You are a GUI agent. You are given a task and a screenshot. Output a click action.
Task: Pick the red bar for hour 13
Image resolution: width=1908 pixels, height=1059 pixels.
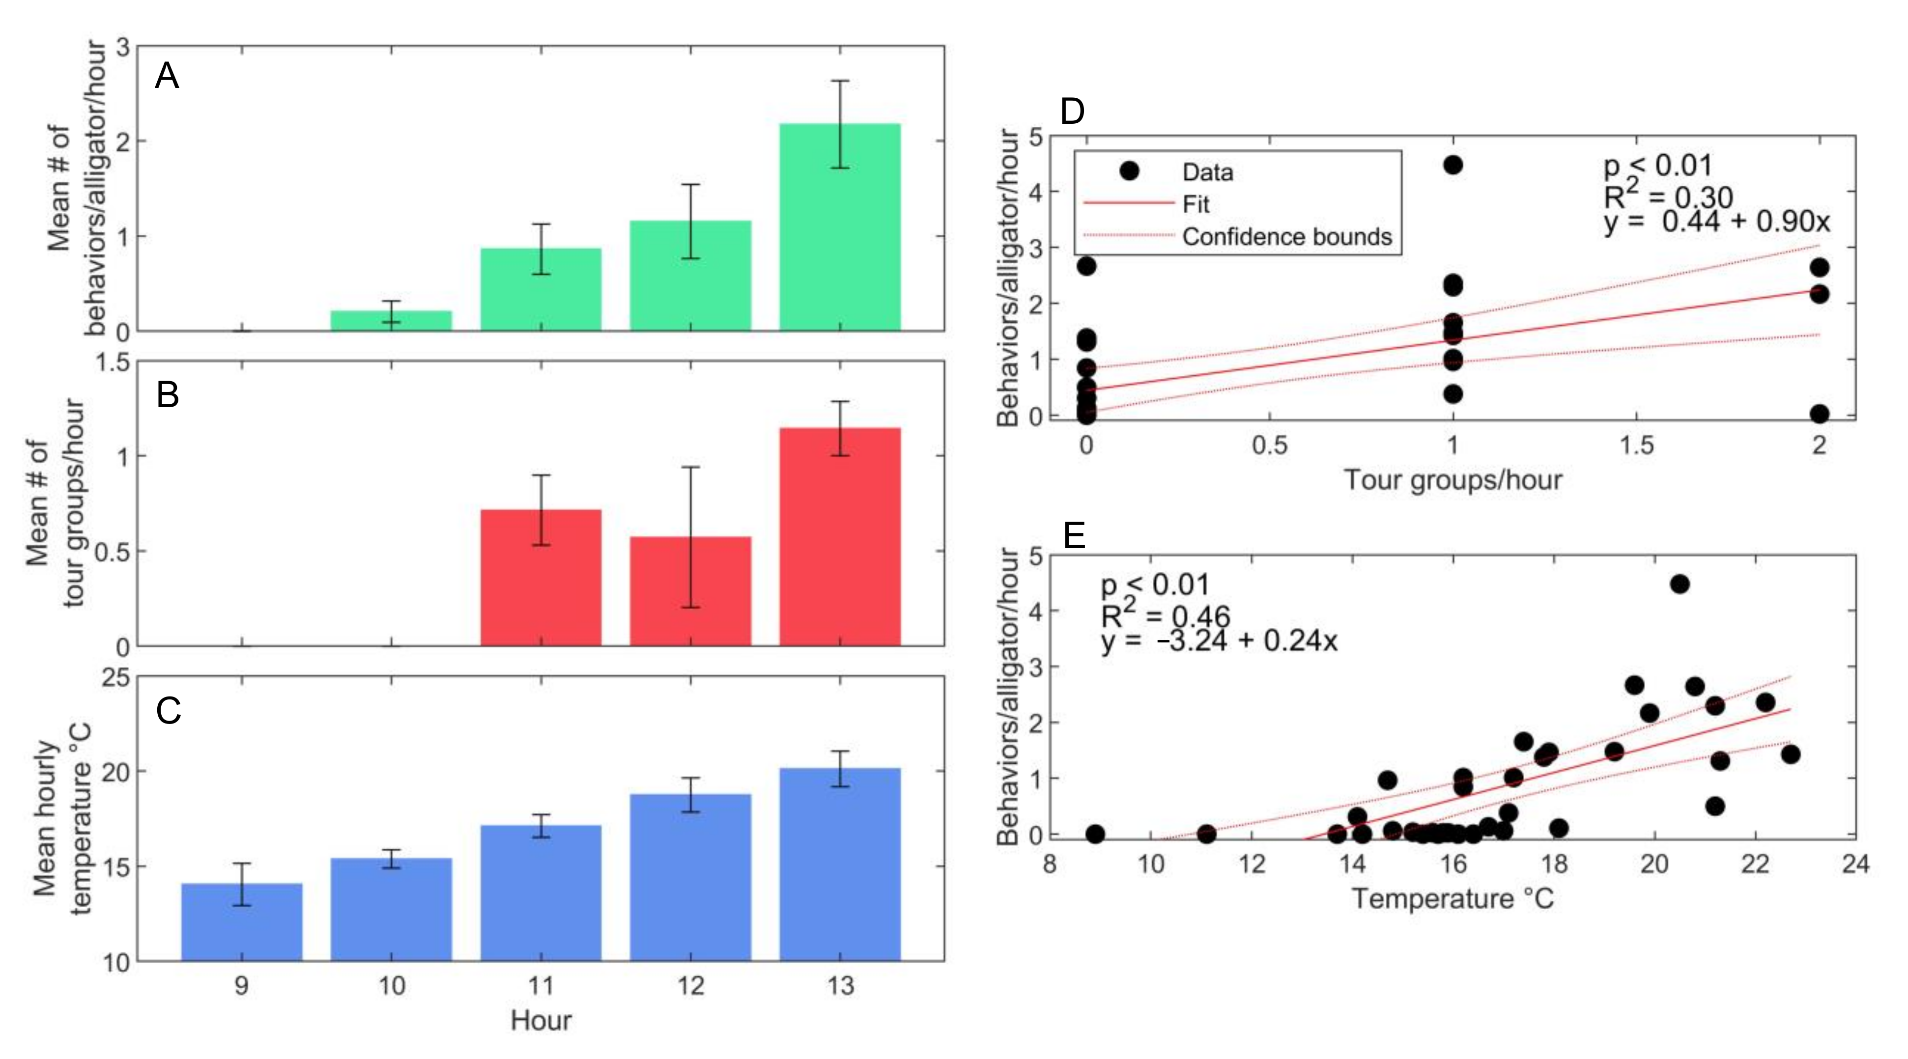tap(840, 537)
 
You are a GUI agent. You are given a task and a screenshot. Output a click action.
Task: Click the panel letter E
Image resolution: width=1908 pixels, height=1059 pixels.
tap(1074, 535)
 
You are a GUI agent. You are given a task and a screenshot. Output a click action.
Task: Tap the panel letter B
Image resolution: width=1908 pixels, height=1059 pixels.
tap(168, 395)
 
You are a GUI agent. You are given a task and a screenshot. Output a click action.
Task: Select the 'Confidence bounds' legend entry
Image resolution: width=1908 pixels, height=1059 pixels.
tap(1286, 237)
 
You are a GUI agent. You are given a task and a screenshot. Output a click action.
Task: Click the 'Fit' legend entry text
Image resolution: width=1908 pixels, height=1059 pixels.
tap(1196, 204)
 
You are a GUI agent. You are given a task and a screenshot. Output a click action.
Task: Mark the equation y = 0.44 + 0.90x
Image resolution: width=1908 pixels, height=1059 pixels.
tap(1717, 221)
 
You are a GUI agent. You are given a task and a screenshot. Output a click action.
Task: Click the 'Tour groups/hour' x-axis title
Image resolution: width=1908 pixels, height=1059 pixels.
tap(1452, 480)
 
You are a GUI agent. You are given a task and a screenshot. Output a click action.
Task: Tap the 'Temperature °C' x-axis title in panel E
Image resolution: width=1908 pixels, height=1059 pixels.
tap(1452, 898)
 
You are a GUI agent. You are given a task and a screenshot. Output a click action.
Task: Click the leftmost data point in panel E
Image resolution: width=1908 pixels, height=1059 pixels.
tap(1095, 834)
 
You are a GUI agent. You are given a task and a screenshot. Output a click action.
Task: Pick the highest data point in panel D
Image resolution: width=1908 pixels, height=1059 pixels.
tap(1453, 165)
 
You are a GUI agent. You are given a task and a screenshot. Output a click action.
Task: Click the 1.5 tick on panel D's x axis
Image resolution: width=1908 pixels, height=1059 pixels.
tap(1636, 445)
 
